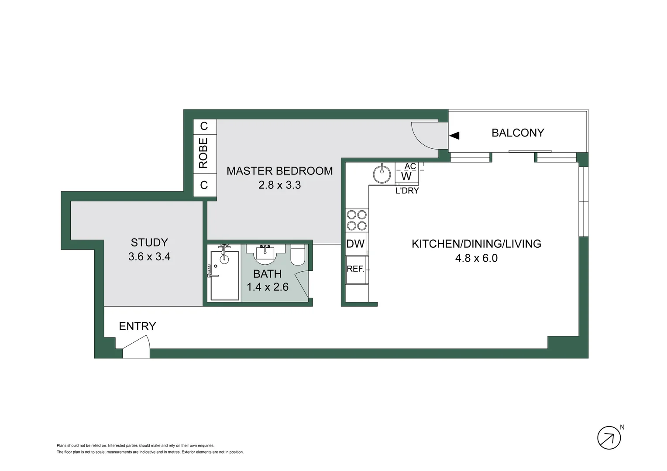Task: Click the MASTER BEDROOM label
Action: tap(279, 171)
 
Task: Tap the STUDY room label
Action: tap(149, 242)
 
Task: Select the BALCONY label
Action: tap(518, 133)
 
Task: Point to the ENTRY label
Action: tap(137, 326)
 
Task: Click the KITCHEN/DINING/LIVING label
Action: tap(476, 244)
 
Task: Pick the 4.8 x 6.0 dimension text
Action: tap(476, 258)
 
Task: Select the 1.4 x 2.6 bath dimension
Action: tap(268, 287)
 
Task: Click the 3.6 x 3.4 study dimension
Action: tap(149, 256)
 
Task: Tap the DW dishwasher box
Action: tap(356, 244)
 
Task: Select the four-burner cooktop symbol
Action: tap(357, 220)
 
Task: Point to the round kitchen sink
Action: tap(382, 174)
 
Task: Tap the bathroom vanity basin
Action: tap(265, 253)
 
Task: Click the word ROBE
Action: tap(203, 153)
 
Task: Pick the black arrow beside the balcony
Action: tap(454, 136)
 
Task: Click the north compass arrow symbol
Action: tap(609, 437)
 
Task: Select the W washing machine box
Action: tap(406, 176)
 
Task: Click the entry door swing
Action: tap(136, 348)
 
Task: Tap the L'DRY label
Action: tap(407, 191)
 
